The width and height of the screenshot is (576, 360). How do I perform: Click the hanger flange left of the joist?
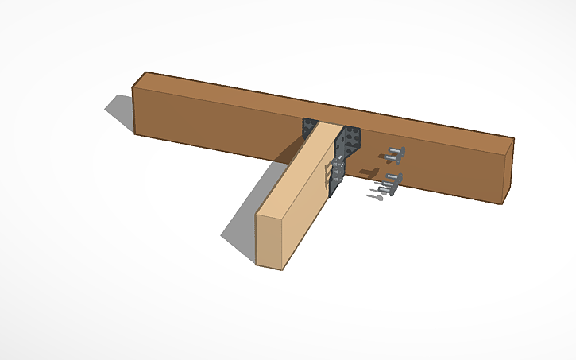point(309,128)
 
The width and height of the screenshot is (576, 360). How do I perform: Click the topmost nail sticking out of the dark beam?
point(395,153)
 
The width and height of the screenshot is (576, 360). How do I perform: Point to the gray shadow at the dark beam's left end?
point(120,111)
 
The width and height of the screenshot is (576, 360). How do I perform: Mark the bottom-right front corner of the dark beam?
point(502,203)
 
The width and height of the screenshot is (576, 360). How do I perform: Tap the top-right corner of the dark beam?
point(513,140)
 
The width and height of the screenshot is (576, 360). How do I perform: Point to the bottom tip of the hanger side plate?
point(334,194)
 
